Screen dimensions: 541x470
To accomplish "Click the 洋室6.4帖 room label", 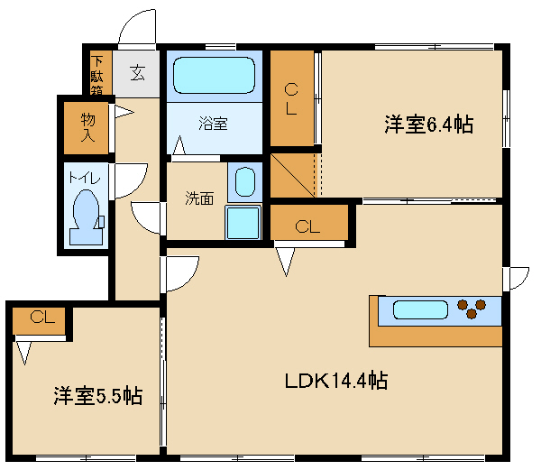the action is click(x=429, y=124).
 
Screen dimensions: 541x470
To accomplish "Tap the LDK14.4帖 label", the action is click(x=336, y=381).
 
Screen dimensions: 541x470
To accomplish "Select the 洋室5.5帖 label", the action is click(x=98, y=396).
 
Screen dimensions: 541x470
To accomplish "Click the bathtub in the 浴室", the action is click(x=214, y=75).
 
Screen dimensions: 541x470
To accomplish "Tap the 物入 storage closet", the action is click(x=87, y=128).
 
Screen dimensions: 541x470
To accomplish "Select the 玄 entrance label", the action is click(x=137, y=73).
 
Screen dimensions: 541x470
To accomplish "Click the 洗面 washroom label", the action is click(x=199, y=198).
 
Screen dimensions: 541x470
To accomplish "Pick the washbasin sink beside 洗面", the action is click(x=245, y=182).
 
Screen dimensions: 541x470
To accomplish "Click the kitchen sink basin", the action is click(x=420, y=309).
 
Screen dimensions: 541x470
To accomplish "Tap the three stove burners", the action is click(x=472, y=309).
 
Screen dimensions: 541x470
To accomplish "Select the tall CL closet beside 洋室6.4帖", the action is click(x=292, y=98).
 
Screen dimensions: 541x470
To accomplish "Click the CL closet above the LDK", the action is click(x=308, y=222).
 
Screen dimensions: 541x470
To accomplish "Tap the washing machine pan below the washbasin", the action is click(x=243, y=223).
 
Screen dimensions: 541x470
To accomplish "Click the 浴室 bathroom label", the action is click(x=213, y=124).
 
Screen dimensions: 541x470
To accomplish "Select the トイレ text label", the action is click(x=85, y=178).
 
